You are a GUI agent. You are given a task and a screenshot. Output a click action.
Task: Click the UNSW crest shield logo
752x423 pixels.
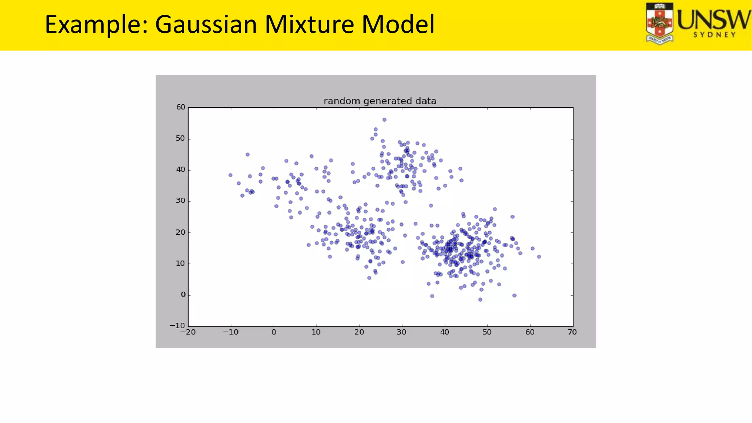pos(660,23)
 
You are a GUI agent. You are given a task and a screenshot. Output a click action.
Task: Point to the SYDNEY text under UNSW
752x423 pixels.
pos(715,35)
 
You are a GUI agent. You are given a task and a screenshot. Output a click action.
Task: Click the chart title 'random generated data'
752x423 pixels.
pos(380,101)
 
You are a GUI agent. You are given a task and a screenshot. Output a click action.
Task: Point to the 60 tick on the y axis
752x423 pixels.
pos(181,107)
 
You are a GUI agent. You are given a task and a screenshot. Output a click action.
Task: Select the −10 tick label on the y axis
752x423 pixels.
pos(177,326)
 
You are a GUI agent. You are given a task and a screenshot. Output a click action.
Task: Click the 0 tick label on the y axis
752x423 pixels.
pos(183,294)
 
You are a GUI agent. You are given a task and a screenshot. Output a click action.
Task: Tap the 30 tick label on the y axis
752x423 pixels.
pos(181,201)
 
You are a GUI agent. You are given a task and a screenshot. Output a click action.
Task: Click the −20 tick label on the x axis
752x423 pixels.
pos(188,332)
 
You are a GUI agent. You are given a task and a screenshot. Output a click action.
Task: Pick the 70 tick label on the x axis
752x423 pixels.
pos(572,332)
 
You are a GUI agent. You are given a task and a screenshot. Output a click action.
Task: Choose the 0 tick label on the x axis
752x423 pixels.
pos(274,332)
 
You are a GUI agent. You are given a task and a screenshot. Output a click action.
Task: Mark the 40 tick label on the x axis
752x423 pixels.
pos(444,332)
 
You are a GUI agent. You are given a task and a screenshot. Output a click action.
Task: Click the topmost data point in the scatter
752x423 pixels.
pos(384,120)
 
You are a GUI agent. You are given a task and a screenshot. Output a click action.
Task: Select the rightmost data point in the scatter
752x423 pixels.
pos(539,257)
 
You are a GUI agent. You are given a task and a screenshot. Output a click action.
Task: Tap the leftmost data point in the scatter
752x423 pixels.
pos(231,175)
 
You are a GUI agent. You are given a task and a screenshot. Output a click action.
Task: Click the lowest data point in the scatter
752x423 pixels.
pos(480,300)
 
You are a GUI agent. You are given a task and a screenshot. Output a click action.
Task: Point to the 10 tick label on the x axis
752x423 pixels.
pos(316,332)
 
